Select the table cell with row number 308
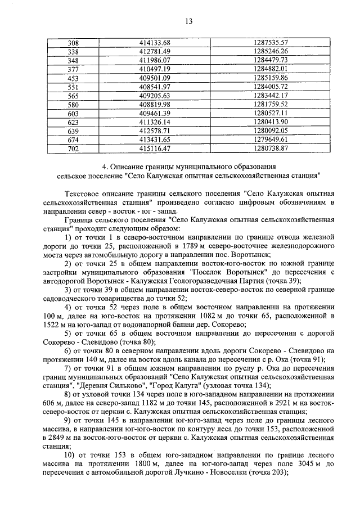[x=73, y=43]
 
